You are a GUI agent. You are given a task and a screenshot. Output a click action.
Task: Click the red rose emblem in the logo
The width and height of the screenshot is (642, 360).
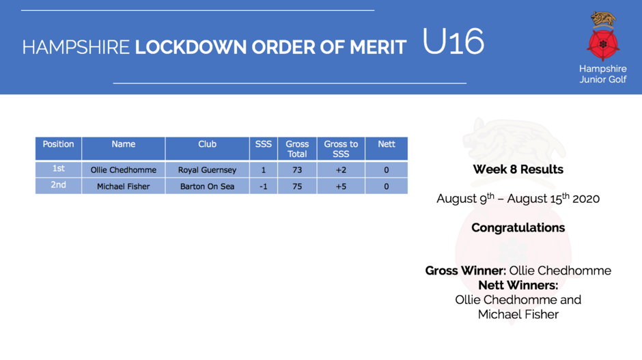click(602, 44)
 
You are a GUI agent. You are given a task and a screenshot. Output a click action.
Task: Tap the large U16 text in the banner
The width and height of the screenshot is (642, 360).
click(453, 42)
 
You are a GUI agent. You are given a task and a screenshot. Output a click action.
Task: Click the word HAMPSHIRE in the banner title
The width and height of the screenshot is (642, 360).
click(76, 47)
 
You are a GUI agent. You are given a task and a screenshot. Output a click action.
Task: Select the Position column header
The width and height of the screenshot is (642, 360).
click(59, 148)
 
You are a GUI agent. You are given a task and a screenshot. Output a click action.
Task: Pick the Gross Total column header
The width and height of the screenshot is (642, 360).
click(297, 148)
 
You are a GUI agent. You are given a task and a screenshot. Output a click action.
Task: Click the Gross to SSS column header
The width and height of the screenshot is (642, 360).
click(341, 148)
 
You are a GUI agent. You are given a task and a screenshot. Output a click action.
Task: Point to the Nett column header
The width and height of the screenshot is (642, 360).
click(387, 148)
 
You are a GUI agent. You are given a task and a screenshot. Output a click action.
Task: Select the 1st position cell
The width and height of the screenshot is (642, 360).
click(59, 169)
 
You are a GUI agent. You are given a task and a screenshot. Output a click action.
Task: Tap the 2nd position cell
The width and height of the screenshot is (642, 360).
click(59, 186)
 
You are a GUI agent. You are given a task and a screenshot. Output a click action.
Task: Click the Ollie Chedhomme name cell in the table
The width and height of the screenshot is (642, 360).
click(123, 170)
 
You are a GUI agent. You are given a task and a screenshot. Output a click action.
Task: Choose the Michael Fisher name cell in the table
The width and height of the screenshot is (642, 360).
click(123, 186)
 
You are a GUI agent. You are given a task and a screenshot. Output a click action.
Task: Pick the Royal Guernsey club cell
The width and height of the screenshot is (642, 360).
click(207, 170)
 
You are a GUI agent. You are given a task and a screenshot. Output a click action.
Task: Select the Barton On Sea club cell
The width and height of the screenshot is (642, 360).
click(207, 186)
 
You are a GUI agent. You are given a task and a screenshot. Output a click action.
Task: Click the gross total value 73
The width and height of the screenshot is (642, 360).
click(297, 170)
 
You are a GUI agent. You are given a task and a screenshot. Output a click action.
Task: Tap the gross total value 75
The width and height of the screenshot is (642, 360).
click(297, 186)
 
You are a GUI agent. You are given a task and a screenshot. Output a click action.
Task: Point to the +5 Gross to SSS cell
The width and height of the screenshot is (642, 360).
click(341, 186)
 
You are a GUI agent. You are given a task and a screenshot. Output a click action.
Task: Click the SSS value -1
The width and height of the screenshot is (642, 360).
click(263, 186)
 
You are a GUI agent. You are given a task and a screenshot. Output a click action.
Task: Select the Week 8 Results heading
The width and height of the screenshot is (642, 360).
click(518, 169)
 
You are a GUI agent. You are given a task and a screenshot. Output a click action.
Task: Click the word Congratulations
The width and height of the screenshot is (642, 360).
click(518, 227)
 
